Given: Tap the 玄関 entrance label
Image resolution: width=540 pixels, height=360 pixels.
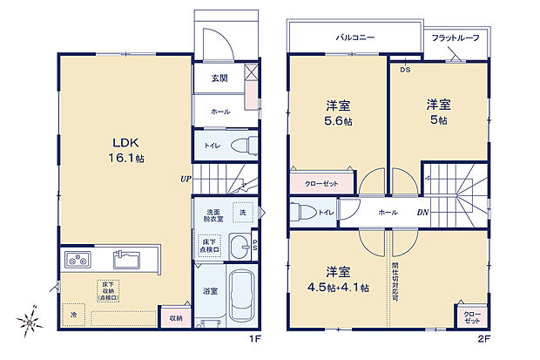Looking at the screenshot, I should [219, 78].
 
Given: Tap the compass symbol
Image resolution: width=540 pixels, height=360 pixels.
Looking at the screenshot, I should [30, 322].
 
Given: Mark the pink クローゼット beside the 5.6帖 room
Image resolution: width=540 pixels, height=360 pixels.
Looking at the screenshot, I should [323, 183].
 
